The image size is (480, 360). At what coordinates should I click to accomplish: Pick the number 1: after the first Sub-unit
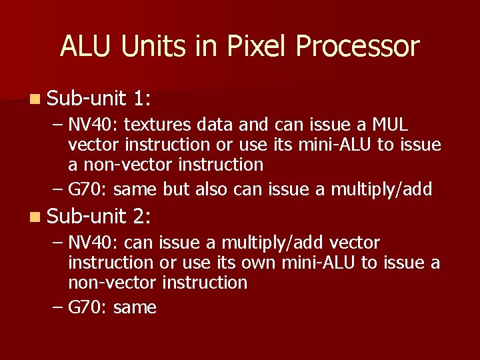(x=141, y=99)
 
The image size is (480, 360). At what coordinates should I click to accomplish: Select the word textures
(x=154, y=125)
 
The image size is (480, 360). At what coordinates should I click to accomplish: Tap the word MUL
(x=391, y=125)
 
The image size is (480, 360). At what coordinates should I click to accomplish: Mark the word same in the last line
(x=135, y=307)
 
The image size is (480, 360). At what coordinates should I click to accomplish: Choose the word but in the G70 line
(x=176, y=189)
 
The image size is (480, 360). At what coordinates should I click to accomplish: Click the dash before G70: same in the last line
(x=57, y=307)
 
